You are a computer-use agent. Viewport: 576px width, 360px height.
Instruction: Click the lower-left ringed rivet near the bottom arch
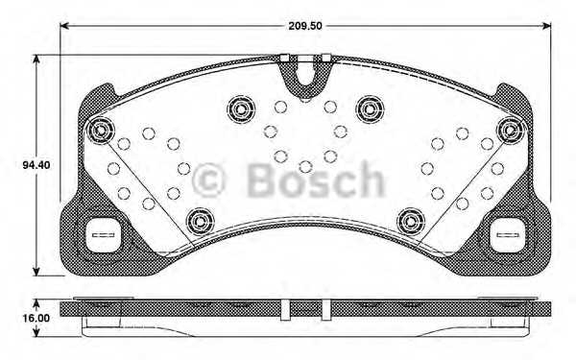coord(198,219)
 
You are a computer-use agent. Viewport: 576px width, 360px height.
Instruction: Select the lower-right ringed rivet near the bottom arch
coord(410,219)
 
